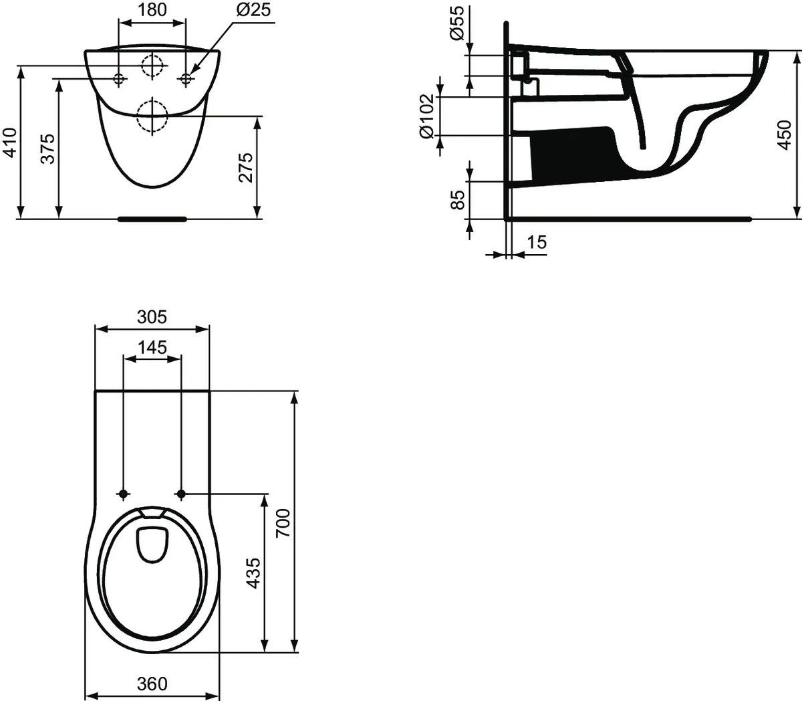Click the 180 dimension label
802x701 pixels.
click(x=152, y=10)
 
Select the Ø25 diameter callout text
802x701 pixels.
click(x=251, y=10)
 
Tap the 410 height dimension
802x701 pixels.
click(x=10, y=143)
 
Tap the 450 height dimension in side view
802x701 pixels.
click(x=785, y=135)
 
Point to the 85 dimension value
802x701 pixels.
click(x=457, y=200)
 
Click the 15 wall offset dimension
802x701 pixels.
click(x=536, y=242)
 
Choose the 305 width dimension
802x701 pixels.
click(x=152, y=317)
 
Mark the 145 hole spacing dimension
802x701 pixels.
click(x=152, y=347)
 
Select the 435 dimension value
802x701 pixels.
click(x=253, y=573)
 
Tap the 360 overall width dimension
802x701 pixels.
click(x=152, y=684)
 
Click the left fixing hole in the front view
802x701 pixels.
click(x=119, y=79)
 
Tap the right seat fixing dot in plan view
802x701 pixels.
click(x=180, y=494)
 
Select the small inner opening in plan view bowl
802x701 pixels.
click(x=151, y=542)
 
